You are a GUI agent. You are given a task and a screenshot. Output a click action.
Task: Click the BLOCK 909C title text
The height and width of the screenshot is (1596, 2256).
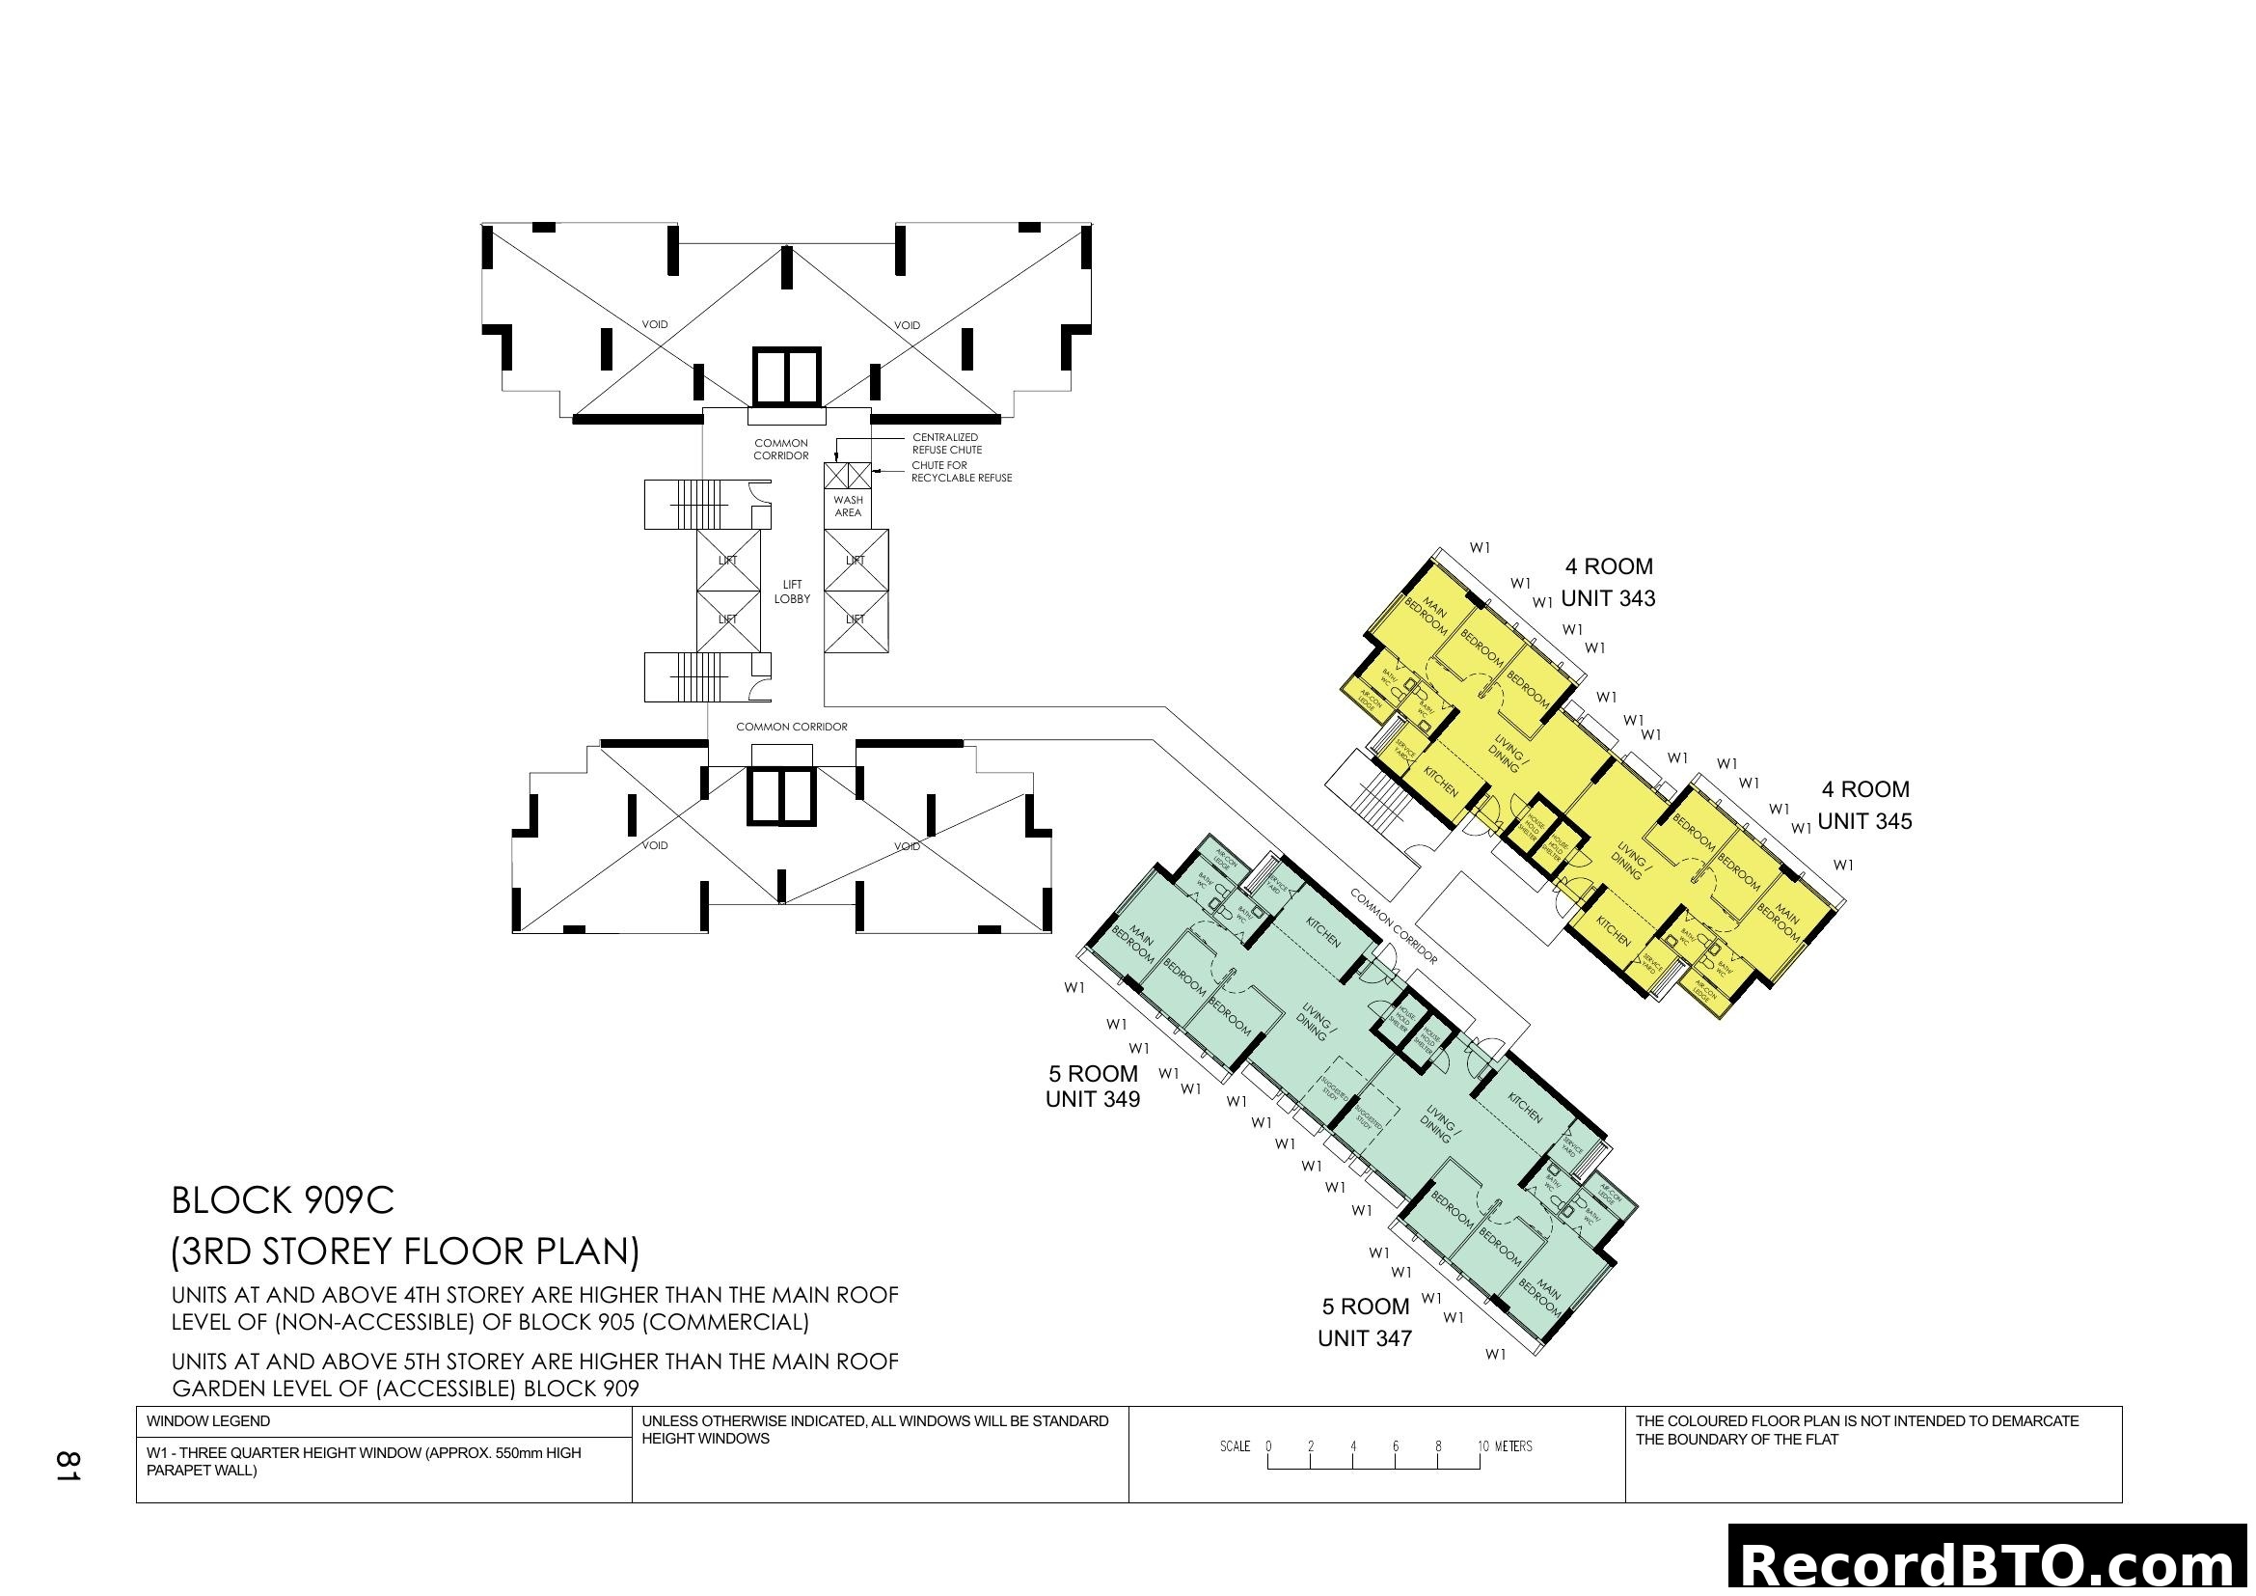(282, 1201)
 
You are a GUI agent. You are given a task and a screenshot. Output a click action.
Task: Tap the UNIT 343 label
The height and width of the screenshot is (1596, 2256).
(1608, 598)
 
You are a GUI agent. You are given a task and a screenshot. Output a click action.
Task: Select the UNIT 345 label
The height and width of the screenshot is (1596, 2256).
(1864, 821)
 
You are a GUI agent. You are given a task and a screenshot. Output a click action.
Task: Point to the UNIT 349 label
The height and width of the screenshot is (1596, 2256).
(1092, 1100)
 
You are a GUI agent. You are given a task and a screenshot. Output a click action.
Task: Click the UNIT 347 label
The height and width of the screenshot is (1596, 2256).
(1364, 1338)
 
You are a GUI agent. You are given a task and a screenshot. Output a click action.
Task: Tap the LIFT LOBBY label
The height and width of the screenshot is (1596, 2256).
(792, 592)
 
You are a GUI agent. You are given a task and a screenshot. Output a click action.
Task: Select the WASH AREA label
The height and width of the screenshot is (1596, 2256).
(848, 507)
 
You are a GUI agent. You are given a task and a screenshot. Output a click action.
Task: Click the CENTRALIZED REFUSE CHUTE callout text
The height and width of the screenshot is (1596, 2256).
(945, 443)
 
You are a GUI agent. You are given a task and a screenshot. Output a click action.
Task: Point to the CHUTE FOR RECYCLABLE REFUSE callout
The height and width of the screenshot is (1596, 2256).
(960, 472)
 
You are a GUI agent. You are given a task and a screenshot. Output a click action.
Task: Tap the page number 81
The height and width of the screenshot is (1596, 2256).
(67, 1466)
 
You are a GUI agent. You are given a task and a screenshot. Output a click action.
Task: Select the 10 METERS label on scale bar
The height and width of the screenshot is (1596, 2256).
(1505, 1446)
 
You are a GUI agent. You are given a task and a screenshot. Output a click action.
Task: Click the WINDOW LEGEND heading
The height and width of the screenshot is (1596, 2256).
(207, 1421)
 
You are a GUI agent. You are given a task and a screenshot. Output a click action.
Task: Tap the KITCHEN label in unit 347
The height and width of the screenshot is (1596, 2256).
(1525, 1110)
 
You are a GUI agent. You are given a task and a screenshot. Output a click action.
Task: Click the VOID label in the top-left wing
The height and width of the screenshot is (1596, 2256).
(654, 325)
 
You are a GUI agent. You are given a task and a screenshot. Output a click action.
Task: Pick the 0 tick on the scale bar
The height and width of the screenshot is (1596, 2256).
(1268, 1446)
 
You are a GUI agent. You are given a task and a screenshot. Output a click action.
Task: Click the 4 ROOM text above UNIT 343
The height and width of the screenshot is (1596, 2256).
(1609, 567)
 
